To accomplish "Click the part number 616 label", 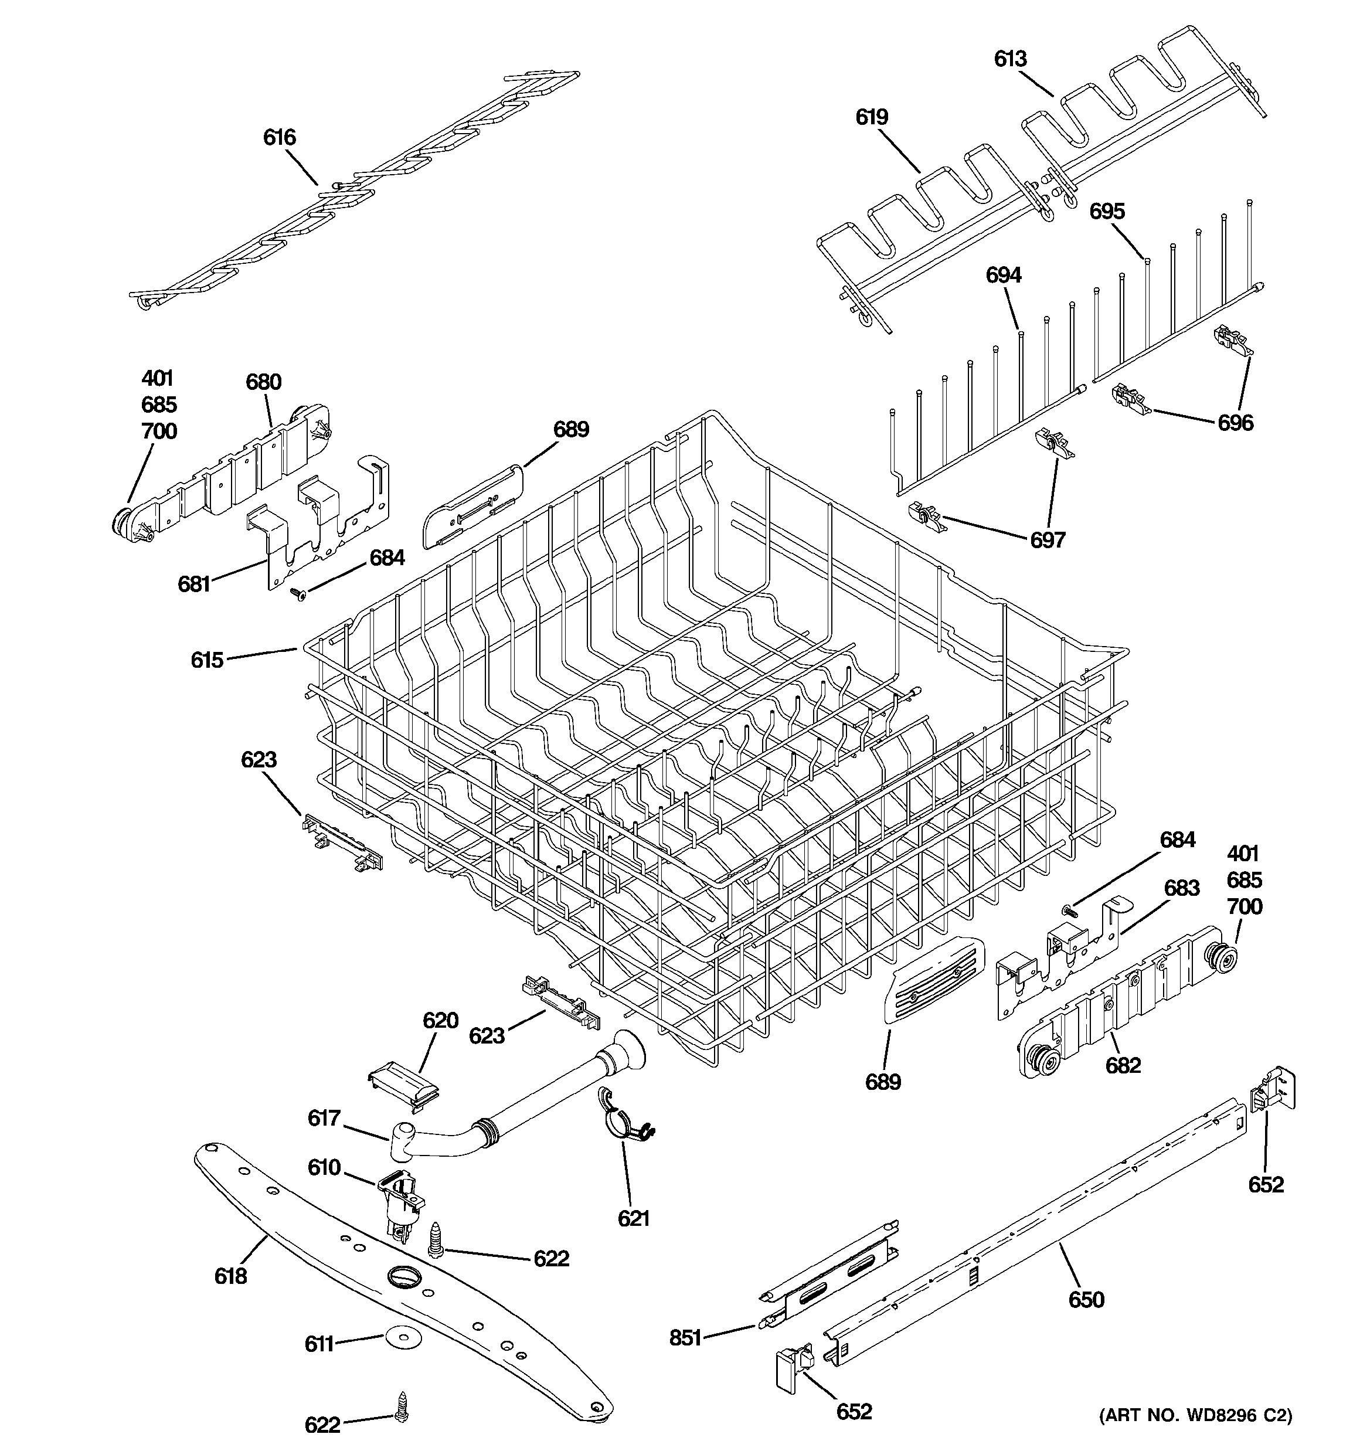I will pyautogui.click(x=280, y=137).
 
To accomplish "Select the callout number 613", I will pyautogui.click(x=1010, y=59).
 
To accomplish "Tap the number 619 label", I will pyautogui.click(x=872, y=117).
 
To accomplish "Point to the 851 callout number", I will pyautogui.click(x=685, y=1338).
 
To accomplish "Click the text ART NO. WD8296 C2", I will pyautogui.click(x=1195, y=1416).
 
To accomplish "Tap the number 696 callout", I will pyautogui.click(x=1235, y=423).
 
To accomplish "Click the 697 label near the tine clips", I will pyautogui.click(x=1048, y=540).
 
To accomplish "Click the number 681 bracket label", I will pyautogui.click(x=194, y=584).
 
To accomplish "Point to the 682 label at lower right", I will pyautogui.click(x=1123, y=1066).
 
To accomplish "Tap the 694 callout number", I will pyautogui.click(x=1004, y=275).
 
